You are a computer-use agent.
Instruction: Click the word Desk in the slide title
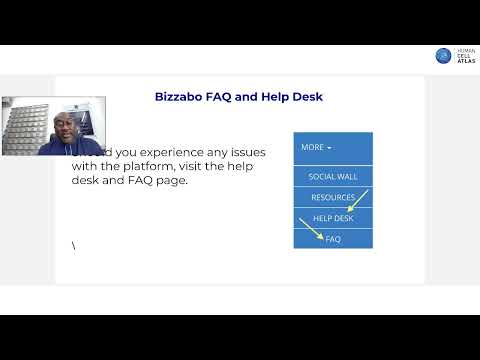click(x=304, y=97)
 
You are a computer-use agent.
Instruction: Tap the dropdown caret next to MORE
click(x=329, y=148)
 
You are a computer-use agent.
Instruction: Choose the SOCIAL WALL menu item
click(x=332, y=176)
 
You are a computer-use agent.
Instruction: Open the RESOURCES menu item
click(x=332, y=197)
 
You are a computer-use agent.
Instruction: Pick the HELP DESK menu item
click(x=332, y=218)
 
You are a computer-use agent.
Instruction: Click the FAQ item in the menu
click(x=332, y=239)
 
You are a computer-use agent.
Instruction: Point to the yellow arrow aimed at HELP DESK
click(x=357, y=200)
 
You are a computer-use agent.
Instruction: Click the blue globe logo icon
click(x=443, y=56)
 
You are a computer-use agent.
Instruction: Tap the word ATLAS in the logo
click(x=465, y=62)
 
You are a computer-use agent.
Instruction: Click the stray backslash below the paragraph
click(x=73, y=246)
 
